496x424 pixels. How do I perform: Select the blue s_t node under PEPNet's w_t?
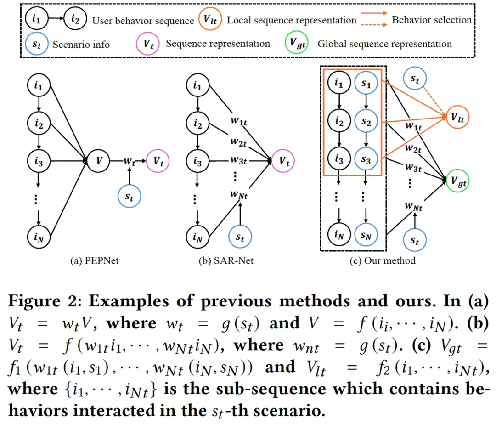pyautogui.click(x=130, y=195)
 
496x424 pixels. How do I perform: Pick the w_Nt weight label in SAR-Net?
pyautogui.click(x=239, y=194)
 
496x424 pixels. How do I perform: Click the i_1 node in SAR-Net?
pyautogui.click(x=197, y=85)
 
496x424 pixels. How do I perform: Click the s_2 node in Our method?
pyautogui.click(x=366, y=122)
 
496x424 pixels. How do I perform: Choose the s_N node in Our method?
pyautogui.click(x=366, y=237)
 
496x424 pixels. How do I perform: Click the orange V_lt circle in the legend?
pyautogui.click(x=210, y=20)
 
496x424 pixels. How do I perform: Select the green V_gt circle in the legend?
pyautogui.click(x=297, y=44)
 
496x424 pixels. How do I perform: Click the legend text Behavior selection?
pyautogui.click(x=431, y=20)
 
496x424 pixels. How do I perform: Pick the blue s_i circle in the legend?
pyautogui.click(x=34, y=44)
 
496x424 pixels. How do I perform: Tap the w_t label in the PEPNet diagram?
pyautogui.click(x=130, y=161)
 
